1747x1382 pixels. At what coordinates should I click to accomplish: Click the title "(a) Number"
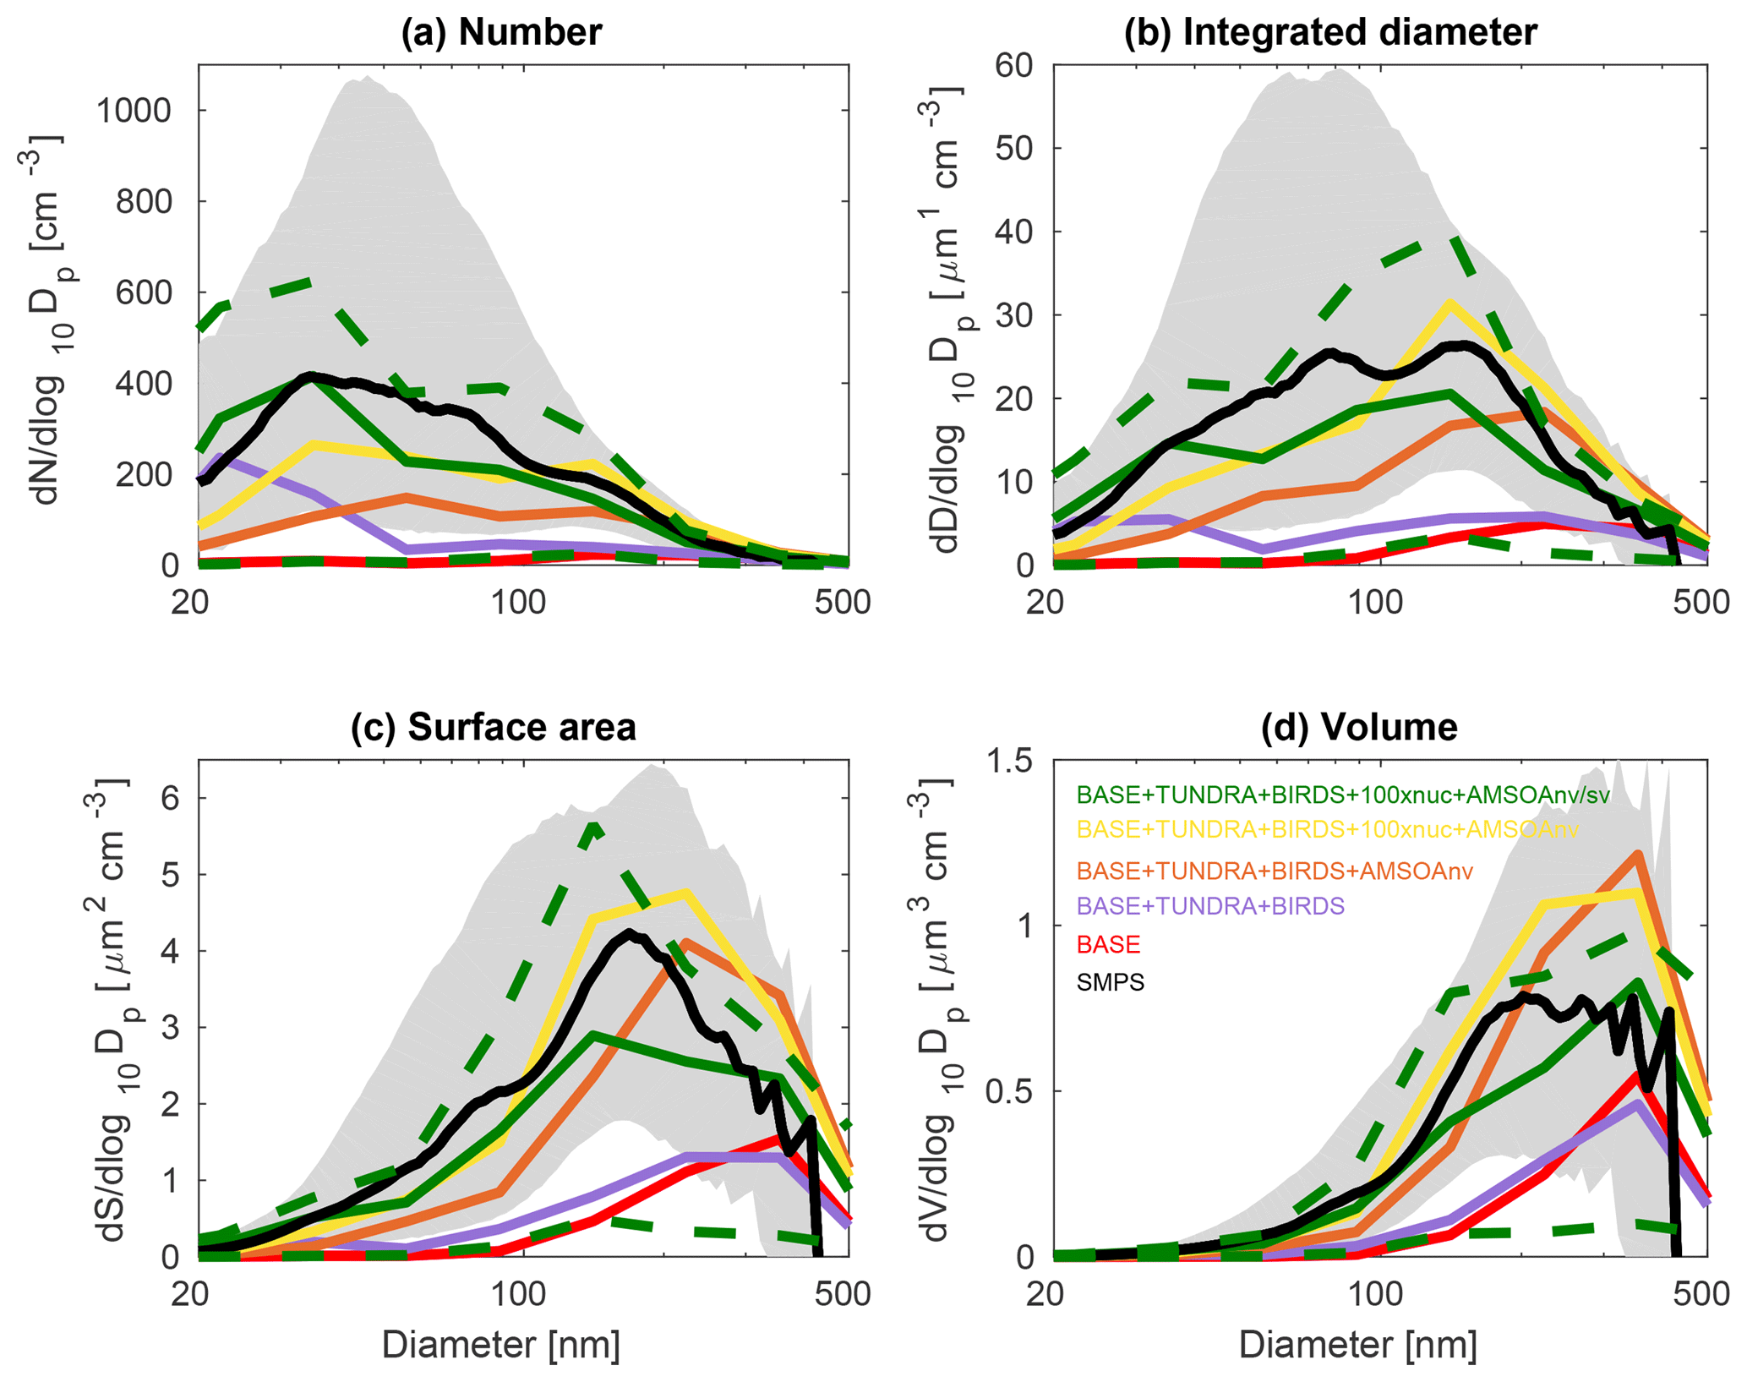click(x=501, y=32)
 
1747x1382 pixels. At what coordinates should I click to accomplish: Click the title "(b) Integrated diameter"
click(x=1330, y=32)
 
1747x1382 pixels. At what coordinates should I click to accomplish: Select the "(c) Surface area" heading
click(x=494, y=728)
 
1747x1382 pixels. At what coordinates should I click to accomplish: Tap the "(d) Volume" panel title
click(x=1359, y=728)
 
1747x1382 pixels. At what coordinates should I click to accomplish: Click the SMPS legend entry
click(x=1110, y=982)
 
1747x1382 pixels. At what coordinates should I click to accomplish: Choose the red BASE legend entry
click(x=1108, y=944)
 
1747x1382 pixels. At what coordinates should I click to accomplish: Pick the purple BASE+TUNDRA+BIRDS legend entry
click(x=1210, y=906)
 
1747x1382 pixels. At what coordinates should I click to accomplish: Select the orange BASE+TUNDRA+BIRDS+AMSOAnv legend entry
click(x=1275, y=871)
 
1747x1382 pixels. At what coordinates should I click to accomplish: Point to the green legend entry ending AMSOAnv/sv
click(x=1343, y=795)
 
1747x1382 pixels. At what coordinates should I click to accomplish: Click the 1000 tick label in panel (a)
click(x=134, y=111)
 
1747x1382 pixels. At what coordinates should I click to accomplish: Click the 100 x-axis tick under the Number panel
click(x=517, y=603)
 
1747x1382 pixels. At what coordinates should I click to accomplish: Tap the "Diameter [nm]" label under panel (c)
click(x=501, y=1344)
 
